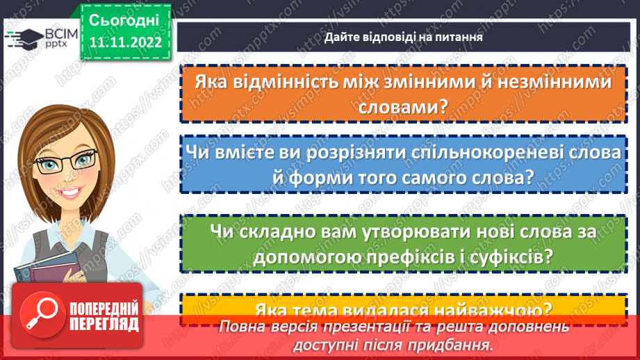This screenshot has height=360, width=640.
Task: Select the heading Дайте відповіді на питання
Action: click(403, 36)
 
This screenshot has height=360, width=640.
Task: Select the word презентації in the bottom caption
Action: click(364, 327)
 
